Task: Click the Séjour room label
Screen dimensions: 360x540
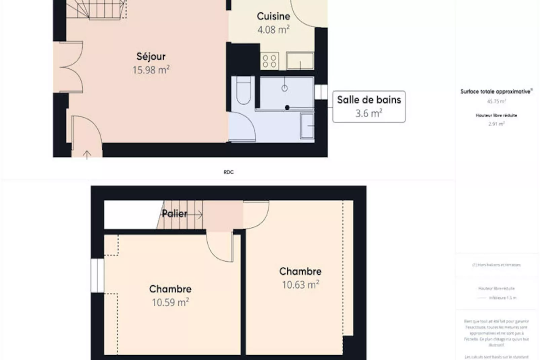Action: [x=151, y=57]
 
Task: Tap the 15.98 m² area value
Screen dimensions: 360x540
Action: [x=151, y=70]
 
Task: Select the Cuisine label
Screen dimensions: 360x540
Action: [x=273, y=16]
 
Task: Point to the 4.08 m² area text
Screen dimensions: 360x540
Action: [x=273, y=30]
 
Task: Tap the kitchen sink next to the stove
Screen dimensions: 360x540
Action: [x=300, y=61]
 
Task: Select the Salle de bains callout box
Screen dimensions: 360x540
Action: [x=369, y=106]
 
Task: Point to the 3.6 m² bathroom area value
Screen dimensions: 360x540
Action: [x=369, y=113]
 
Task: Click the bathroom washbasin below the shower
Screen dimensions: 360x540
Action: [x=307, y=126]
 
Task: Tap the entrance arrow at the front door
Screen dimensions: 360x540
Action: [x=87, y=154]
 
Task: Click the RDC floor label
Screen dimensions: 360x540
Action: [x=229, y=172]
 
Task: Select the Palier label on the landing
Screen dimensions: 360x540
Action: [x=175, y=214]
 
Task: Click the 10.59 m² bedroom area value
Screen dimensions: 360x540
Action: [x=170, y=302]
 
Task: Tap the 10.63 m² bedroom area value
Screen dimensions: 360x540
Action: [x=300, y=285]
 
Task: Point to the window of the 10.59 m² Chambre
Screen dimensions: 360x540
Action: [x=98, y=275]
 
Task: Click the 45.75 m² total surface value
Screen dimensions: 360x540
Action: [x=496, y=101]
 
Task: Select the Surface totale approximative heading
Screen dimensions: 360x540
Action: [x=496, y=92]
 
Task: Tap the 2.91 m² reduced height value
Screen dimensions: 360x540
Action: [x=496, y=124]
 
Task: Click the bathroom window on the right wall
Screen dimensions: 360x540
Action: [x=321, y=92]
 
